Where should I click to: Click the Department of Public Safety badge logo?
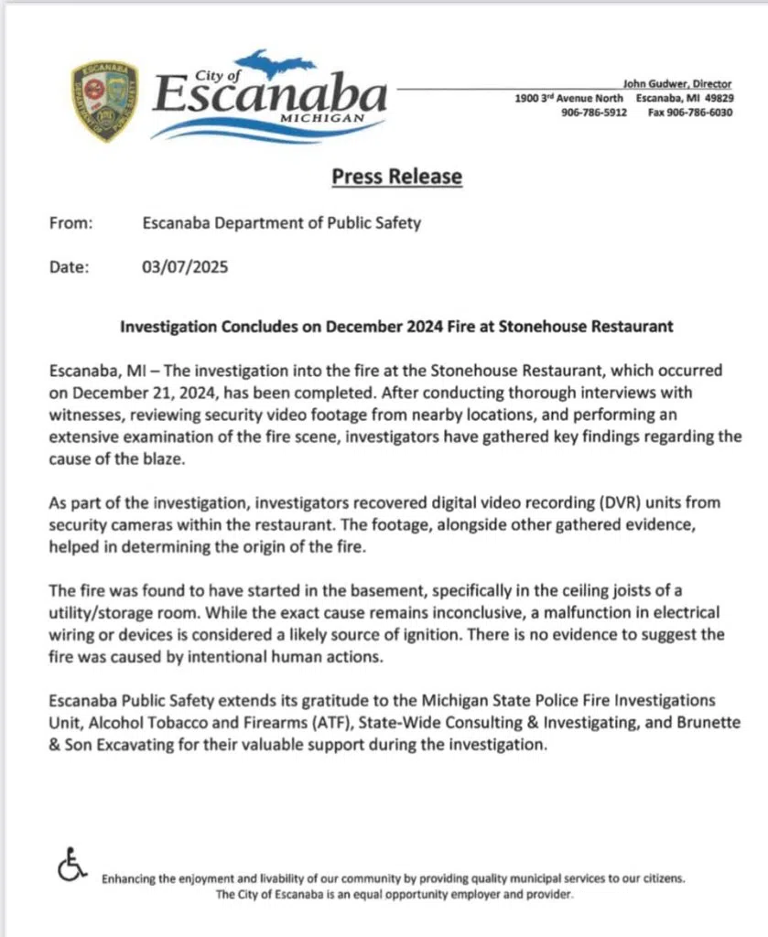tap(104, 100)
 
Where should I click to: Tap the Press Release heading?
tap(396, 176)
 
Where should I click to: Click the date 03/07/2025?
tap(185, 267)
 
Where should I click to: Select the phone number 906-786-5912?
tap(594, 113)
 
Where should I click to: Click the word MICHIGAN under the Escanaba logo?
tap(320, 119)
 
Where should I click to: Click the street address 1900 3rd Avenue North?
tap(568, 99)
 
